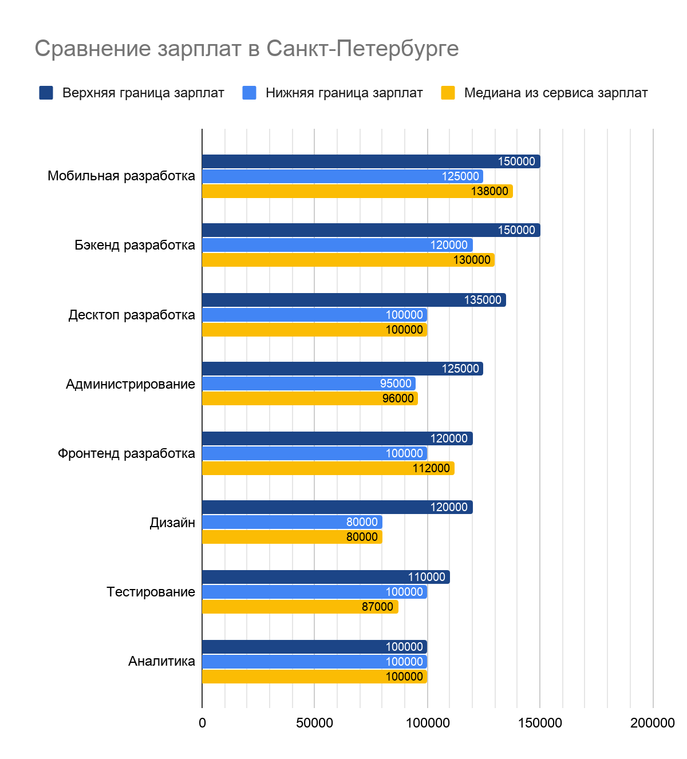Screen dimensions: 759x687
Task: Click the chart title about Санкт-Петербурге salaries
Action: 247,49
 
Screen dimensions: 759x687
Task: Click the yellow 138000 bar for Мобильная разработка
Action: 357,191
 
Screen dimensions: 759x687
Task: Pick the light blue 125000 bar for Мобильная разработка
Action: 342,176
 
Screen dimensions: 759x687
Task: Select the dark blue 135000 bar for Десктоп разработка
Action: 354,300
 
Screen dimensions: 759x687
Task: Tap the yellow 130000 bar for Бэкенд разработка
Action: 348,260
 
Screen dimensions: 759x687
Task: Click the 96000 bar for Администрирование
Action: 310,398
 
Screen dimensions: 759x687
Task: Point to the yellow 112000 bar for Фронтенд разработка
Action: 328,468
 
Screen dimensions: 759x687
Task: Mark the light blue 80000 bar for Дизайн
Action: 292,522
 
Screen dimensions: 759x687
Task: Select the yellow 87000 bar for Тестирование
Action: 300,607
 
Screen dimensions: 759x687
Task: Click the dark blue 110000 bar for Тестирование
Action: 326,577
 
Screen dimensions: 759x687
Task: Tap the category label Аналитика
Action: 161,662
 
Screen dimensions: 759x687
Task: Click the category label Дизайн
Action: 172,523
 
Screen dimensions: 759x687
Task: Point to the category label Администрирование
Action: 131,384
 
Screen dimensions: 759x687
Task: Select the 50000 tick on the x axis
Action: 314,723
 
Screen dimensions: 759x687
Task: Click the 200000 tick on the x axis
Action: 652,723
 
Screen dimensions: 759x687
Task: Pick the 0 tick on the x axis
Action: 202,723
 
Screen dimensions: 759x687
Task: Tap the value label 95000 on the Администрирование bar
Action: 396,384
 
